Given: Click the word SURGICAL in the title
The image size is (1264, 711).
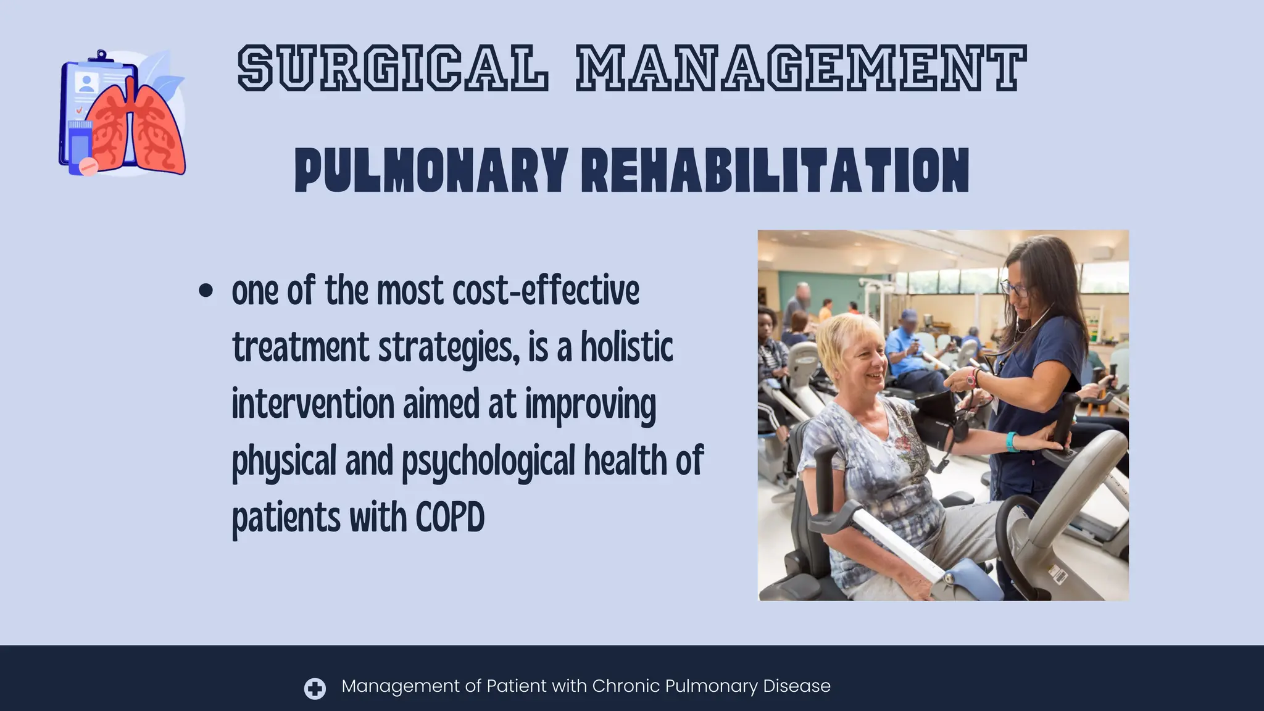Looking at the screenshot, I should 393,69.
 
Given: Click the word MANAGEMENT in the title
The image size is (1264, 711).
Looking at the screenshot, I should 801,69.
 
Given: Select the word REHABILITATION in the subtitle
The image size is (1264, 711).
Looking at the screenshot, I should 775,170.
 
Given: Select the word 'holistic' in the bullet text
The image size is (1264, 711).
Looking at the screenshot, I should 626,347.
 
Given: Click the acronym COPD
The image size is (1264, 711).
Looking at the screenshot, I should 450,517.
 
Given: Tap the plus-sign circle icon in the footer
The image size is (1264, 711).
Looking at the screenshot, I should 315,688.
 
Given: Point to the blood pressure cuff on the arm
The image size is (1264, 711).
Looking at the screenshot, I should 935,417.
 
